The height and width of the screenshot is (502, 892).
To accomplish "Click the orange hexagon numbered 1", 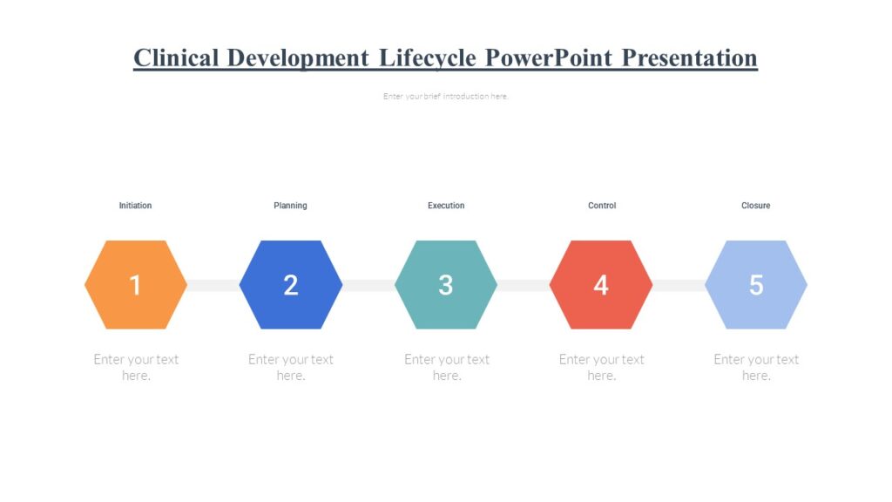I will click(136, 285).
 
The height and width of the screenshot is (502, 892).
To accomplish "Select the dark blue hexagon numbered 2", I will click(291, 285).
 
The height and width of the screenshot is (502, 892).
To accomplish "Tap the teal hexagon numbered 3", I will click(446, 285).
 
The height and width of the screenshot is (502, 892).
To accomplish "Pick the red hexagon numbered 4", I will click(601, 285).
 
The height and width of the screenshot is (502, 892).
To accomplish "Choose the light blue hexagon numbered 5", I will click(756, 285).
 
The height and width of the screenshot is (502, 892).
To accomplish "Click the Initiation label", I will click(135, 206).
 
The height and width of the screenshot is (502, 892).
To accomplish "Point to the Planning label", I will click(290, 206).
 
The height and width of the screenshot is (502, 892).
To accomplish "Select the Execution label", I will click(446, 206).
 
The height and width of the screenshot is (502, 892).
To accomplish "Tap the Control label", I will click(602, 206).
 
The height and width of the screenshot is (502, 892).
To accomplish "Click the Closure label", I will click(755, 206).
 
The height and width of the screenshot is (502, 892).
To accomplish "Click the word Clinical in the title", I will click(175, 58).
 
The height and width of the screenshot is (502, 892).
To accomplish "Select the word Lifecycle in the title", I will click(427, 58).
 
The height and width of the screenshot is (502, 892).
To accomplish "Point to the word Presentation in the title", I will click(689, 58).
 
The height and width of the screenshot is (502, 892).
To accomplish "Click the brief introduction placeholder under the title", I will click(445, 97).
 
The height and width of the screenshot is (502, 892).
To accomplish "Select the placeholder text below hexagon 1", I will click(136, 367).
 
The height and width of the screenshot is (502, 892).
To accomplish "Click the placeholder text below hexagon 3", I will click(447, 367).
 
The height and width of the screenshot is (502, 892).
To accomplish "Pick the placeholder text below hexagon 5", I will click(756, 367).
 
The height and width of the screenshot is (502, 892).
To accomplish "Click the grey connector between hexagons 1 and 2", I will click(213, 285).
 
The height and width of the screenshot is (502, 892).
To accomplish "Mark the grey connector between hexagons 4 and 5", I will click(679, 285).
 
